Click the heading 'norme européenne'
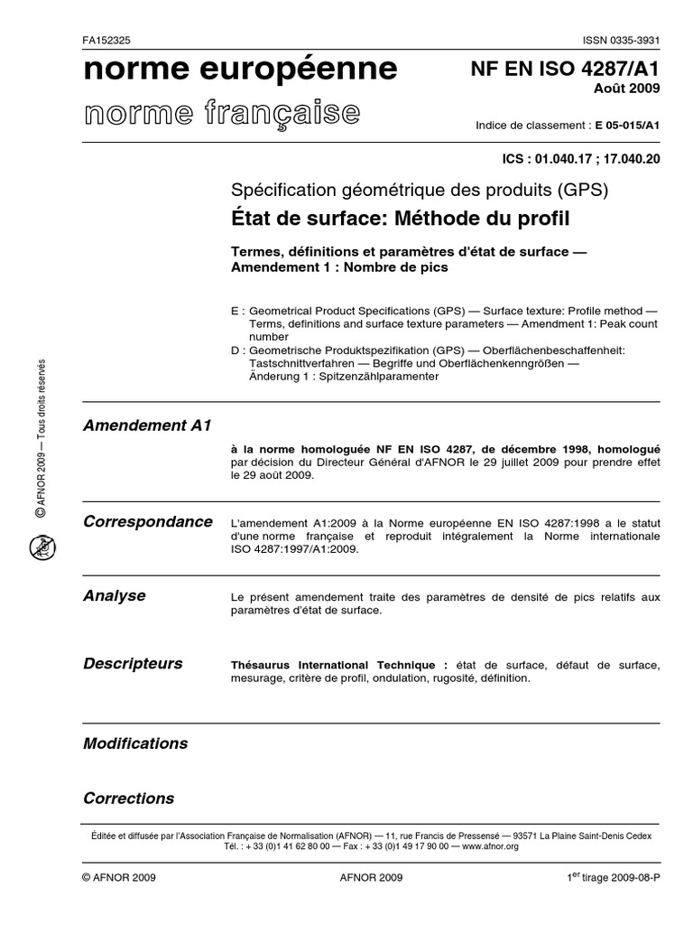point(240,70)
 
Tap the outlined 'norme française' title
point(222,113)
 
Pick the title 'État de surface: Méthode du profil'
point(401,218)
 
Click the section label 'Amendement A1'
point(147,425)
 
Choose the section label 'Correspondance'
point(148,522)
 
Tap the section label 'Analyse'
point(115,595)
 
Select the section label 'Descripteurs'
point(133,663)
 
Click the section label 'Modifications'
point(135,743)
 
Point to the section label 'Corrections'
point(128,799)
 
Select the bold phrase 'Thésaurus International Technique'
point(339,665)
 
